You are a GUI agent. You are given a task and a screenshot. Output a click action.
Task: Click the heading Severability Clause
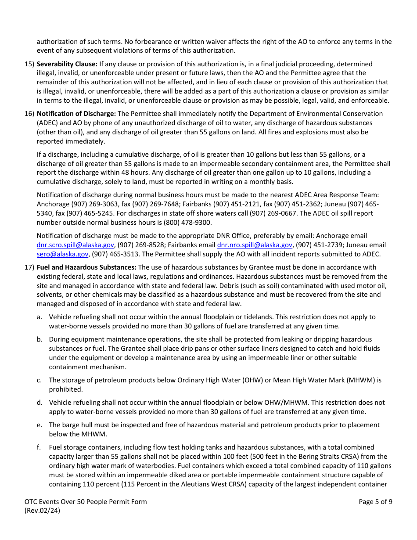click(x=67, y=64)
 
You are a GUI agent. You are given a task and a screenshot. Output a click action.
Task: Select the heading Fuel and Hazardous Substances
click(x=86, y=267)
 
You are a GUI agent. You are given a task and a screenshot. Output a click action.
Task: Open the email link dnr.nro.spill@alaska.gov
click(x=255, y=245)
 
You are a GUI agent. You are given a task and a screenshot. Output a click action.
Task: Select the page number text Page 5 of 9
click(x=375, y=502)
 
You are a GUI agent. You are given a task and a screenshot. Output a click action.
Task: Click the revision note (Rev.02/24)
click(x=42, y=511)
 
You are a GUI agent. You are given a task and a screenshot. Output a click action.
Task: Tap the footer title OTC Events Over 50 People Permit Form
click(x=86, y=502)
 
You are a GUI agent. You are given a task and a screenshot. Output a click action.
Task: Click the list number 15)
click(x=29, y=64)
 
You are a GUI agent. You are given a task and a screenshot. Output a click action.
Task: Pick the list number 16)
click(x=29, y=114)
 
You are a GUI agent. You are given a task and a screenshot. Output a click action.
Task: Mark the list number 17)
click(x=29, y=267)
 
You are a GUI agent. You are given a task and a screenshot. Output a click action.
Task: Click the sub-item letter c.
click(x=39, y=380)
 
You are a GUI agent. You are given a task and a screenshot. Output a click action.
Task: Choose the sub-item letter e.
click(x=39, y=425)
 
